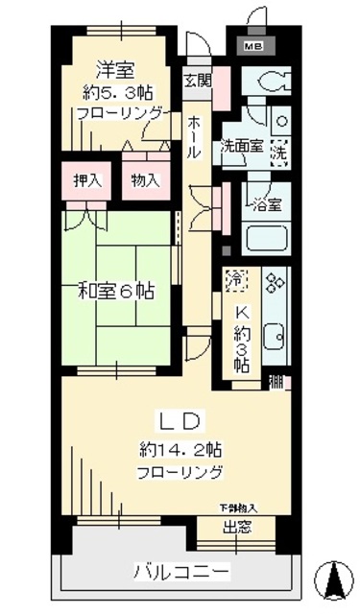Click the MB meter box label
pos(253,45)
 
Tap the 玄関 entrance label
pos(197,80)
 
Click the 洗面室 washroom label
pos(241,147)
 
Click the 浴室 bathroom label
pos(267,203)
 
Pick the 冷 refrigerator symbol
pos(235,280)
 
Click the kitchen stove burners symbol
pos(276,282)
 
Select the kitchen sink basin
pos(275,337)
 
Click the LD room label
pos(180,419)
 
